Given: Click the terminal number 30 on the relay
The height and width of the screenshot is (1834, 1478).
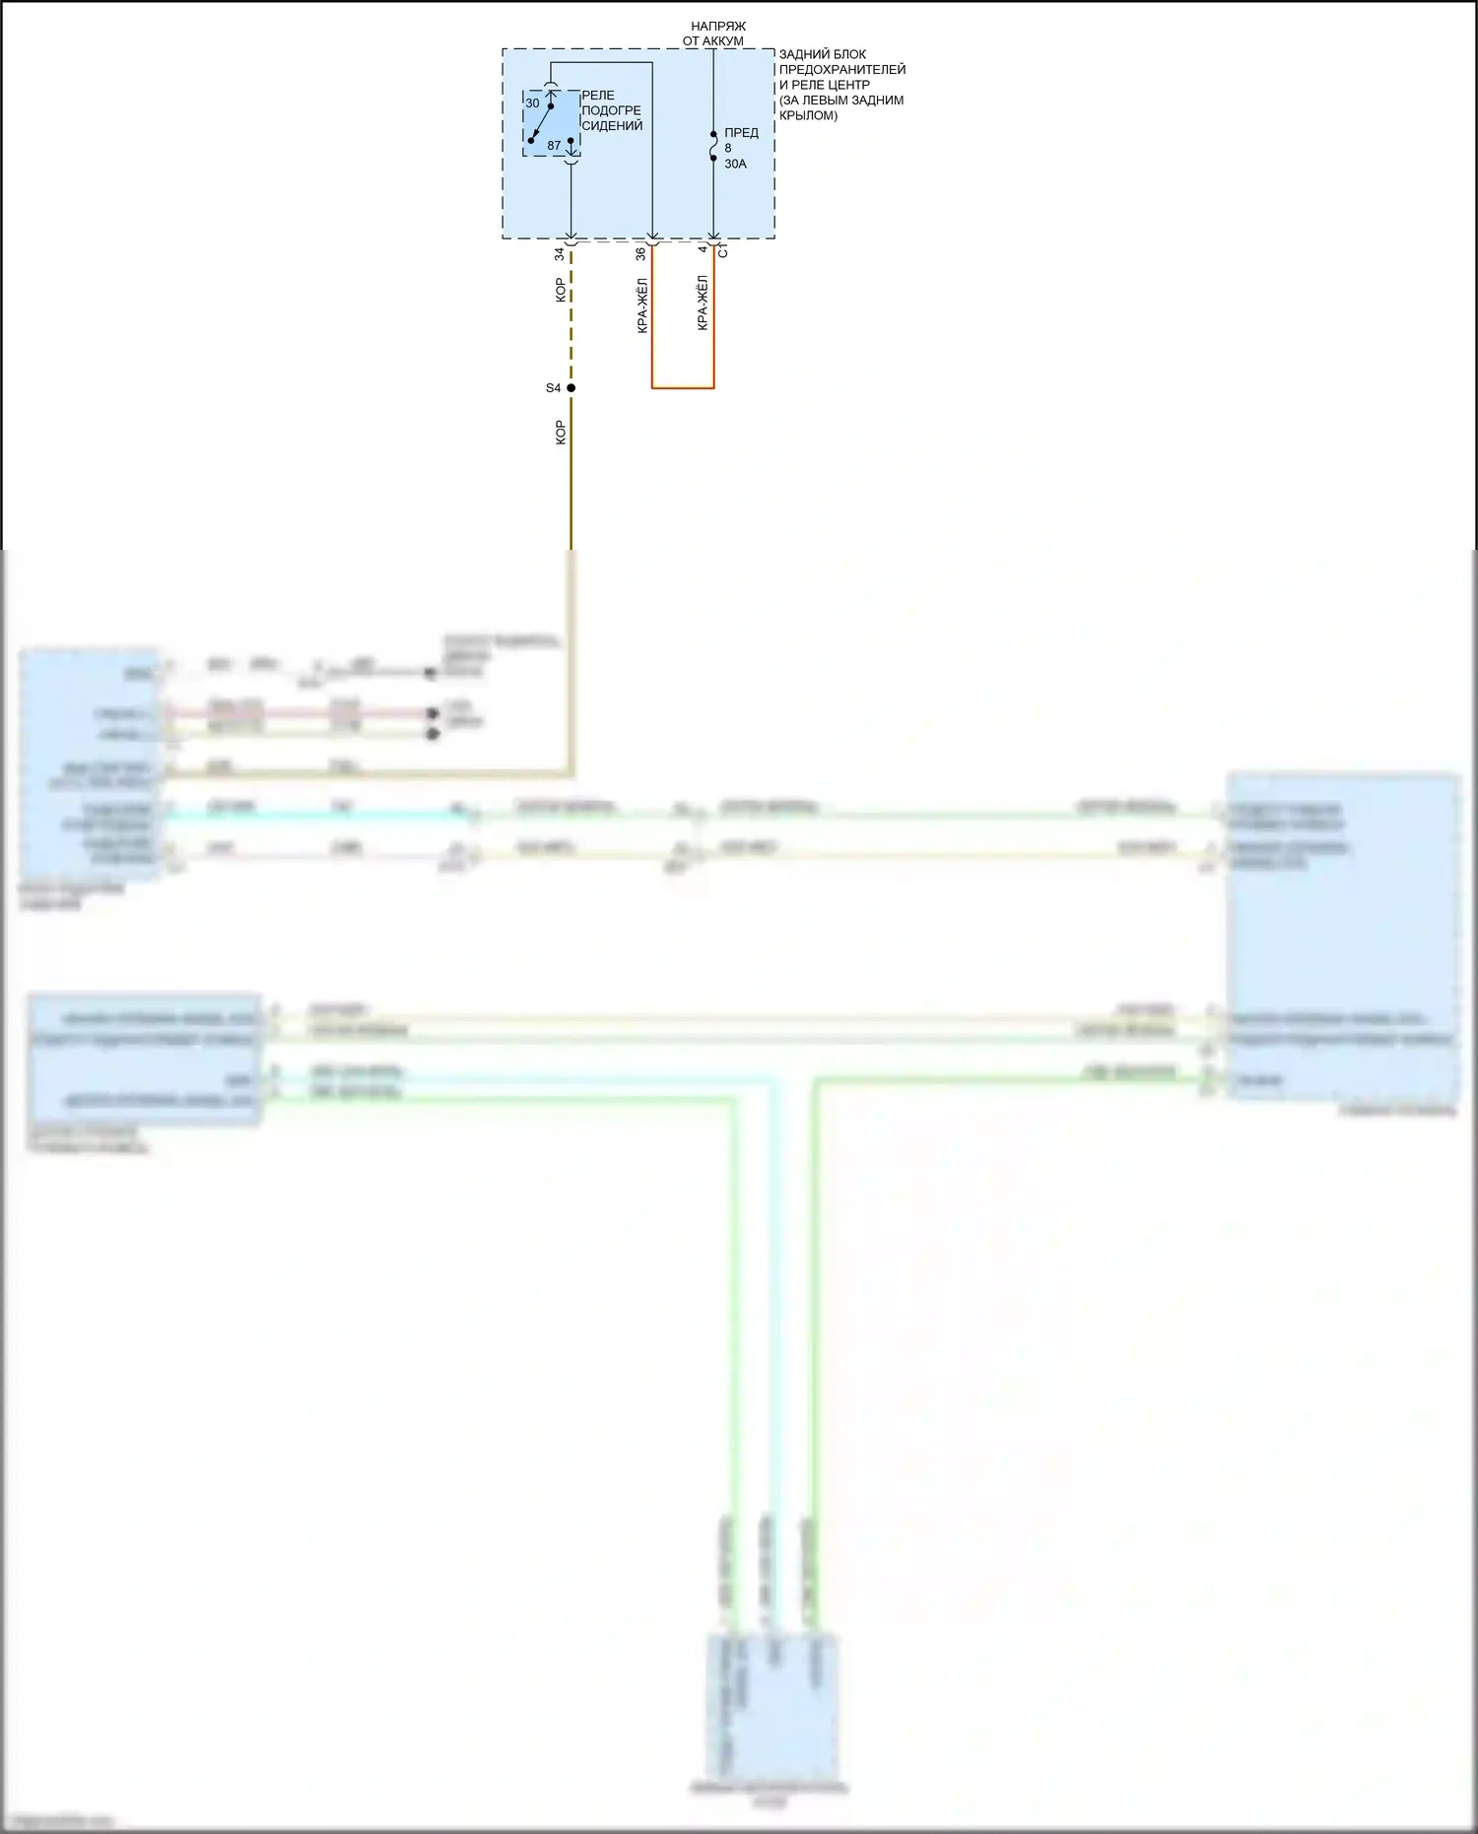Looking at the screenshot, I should [x=532, y=103].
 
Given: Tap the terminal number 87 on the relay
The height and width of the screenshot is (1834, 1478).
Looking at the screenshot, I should [x=554, y=146].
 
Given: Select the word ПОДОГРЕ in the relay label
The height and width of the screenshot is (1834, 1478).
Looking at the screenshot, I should [x=611, y=110].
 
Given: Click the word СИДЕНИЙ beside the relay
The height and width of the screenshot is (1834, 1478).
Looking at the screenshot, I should [x=612, y=126].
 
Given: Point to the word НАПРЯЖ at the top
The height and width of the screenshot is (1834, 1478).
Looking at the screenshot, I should [x=718, y=26].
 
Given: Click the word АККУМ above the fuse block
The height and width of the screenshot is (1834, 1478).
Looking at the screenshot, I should [x=724, y=41].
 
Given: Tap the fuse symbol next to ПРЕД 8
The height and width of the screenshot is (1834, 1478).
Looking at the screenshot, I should [x=713, y=147].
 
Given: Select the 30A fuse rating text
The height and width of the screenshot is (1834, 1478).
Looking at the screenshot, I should [x=735, y=165].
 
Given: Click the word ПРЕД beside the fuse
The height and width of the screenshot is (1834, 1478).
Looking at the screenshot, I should [x=741, y=133].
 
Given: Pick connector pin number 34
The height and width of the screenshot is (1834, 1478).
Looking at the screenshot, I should [x=560, y=254].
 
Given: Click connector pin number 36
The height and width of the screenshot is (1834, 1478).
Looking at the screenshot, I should [x=640, y=254].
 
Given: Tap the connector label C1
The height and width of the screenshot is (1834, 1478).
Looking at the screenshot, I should [x=723, y=252].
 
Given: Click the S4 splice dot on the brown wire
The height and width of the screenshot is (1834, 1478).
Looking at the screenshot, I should [x=571, y=388].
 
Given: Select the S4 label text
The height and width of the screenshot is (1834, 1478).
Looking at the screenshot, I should [x=553, y=388].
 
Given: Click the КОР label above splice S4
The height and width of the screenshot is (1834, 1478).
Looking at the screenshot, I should [x=561, y=290].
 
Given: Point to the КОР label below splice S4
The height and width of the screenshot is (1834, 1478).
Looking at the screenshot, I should [x=561, y=433].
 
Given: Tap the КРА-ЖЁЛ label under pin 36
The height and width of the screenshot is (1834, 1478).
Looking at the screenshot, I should [x=642, y=306].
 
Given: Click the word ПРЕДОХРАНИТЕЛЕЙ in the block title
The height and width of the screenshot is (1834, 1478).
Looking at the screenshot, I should [x=842, y=70].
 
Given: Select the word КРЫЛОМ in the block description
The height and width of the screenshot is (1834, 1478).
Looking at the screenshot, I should [x=808, y=115].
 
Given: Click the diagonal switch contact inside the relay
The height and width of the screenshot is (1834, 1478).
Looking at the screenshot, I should [x=540, y=123].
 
